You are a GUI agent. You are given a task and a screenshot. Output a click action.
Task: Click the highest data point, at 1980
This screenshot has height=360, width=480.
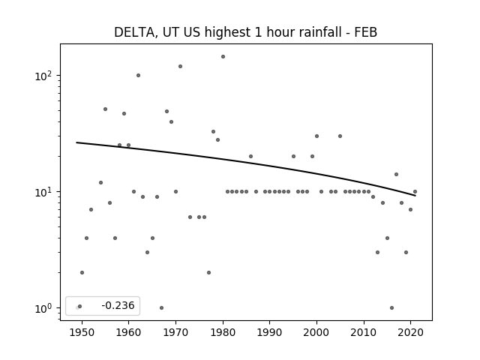[223, 57]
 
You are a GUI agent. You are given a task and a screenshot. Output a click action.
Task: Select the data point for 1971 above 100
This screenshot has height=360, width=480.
[180, 67]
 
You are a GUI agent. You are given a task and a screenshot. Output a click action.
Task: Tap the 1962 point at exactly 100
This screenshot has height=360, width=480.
[138, 75]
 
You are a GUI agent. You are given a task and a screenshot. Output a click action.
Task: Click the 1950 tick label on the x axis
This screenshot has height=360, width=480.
[82, 332]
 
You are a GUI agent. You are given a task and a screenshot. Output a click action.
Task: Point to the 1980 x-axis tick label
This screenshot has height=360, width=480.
[223, 332]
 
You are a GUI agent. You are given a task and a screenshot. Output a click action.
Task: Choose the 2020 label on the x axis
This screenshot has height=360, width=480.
[411, 332]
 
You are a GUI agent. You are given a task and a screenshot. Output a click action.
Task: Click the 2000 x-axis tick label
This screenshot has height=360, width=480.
[316, 332]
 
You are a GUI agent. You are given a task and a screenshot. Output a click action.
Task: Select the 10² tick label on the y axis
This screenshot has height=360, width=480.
[43, 75]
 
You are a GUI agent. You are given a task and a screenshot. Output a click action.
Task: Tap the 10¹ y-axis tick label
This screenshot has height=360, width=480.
[43, 192]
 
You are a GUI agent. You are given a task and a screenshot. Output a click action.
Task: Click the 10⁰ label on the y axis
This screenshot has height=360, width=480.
[43, 308]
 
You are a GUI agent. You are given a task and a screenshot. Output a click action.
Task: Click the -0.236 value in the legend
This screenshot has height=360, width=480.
[118, 305]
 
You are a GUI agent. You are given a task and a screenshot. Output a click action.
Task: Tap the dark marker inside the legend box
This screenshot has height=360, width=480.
[80, 307]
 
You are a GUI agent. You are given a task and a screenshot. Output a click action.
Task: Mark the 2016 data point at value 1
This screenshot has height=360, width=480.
[391, 308]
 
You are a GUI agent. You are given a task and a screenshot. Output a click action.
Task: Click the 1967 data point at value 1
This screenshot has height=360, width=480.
[162, 308]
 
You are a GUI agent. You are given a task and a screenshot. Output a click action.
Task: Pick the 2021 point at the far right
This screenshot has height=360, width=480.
[415, 192]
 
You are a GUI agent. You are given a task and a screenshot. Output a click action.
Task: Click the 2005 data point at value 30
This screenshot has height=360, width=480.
[340, 136]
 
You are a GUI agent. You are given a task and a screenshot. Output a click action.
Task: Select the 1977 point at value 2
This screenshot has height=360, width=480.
[208, 273]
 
